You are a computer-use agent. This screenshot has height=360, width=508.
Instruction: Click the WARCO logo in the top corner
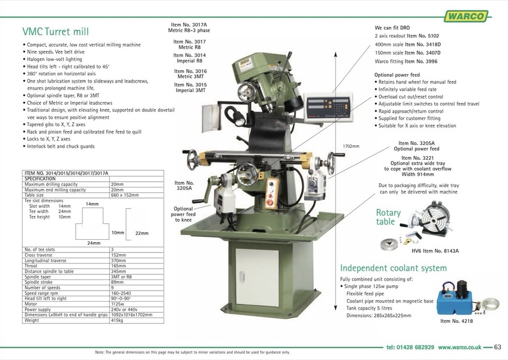click(x=466, y=16)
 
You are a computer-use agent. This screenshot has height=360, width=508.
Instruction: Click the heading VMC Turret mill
click(x=59, y=31)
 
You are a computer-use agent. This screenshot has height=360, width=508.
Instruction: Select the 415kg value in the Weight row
click(x=117, y=320)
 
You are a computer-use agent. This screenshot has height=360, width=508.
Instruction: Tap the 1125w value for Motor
click(x=118, y=304)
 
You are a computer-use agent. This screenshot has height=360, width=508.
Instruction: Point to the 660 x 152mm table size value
click(x=125, y=195)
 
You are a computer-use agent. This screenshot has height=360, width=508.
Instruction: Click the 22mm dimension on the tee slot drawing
click(x=142, y=233)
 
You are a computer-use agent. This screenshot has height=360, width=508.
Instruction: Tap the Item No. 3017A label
click(x=189, y=25)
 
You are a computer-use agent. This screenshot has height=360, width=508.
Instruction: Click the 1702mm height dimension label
click(x=351, y=146)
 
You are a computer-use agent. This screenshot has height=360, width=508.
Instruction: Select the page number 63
click(x=497, y=347)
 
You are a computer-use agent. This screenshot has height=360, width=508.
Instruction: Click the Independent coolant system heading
click(x=393, y=268)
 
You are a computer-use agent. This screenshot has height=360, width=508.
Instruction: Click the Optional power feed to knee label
click(x=184, y=214)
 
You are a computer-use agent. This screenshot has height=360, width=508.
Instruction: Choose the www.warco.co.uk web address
click(x=459, y=347)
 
